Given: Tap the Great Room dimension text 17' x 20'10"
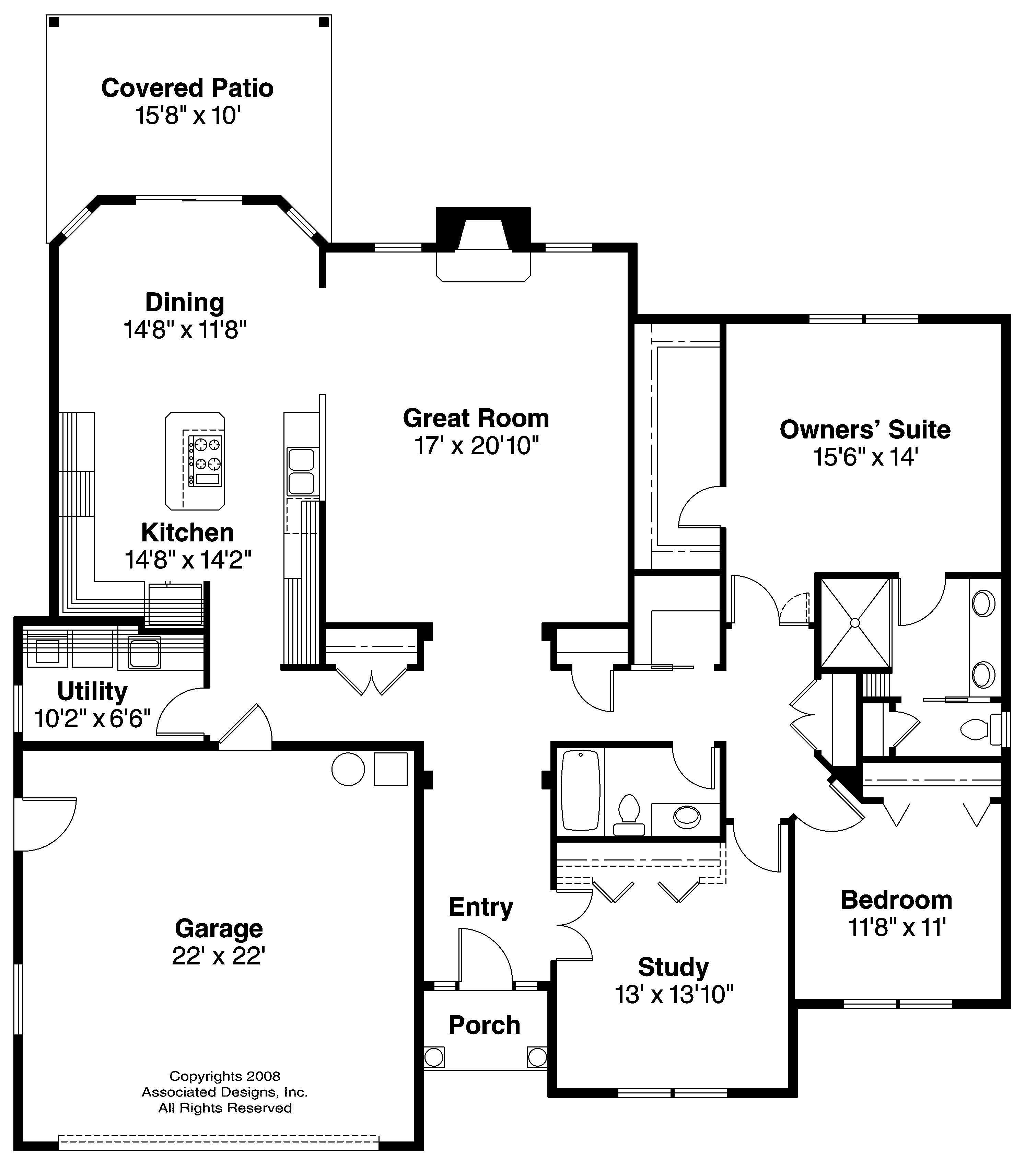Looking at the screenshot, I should point(476,446).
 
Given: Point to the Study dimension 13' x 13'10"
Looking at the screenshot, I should point(674,995).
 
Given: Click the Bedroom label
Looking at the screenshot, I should point(896,900).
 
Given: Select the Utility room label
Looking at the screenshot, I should point(92,691).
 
